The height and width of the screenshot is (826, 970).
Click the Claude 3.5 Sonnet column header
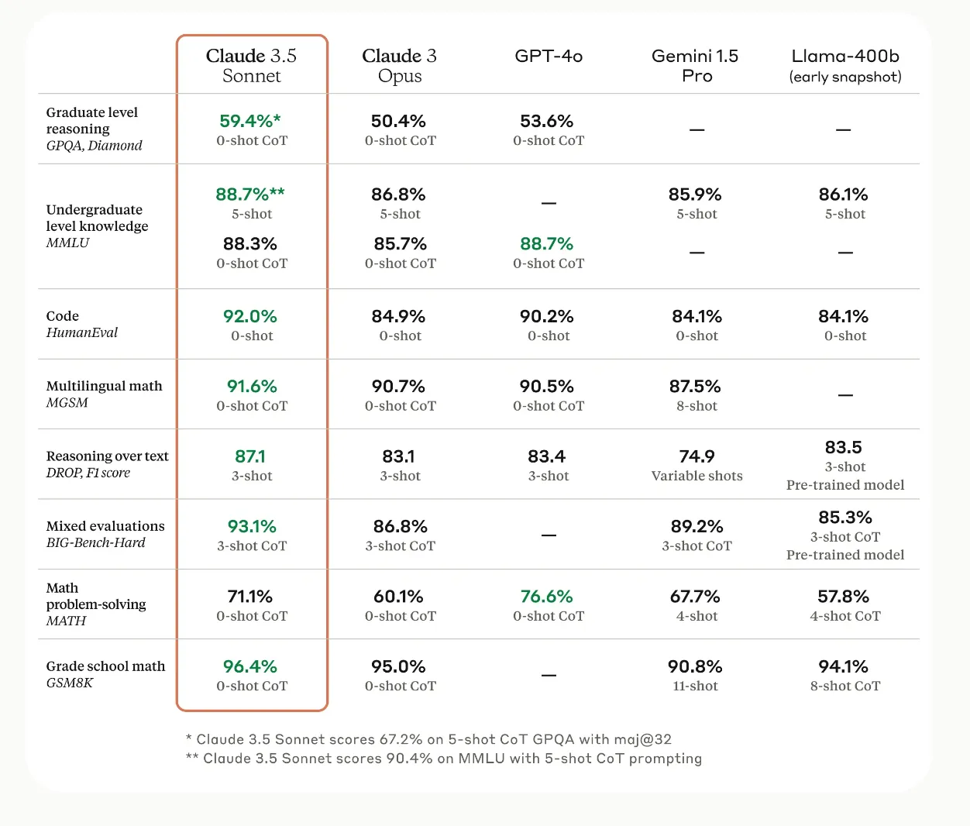tap(252, 66)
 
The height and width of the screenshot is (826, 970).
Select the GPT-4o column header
tap(549, 57)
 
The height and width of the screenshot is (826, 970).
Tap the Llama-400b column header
tap(845, 66)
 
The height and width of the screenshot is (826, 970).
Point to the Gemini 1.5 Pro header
tap(696, 66)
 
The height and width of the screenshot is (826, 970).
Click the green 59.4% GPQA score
tap(250, 121)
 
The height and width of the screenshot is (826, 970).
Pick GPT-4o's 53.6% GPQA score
tap(547, 121)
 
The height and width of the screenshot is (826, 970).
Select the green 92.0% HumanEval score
tap(250, 316)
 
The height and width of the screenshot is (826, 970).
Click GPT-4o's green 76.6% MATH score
tap(547, 597)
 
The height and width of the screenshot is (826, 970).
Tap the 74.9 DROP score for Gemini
tap(697, 456)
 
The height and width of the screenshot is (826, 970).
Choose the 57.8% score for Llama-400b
tap(843, 597)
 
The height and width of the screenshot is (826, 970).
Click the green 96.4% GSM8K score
tap(250, 666)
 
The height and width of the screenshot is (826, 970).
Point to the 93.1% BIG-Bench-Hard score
tap(252, 527)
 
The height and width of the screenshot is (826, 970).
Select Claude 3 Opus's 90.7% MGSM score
tap(398, 386)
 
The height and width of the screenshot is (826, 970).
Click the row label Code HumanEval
tap(81, 325)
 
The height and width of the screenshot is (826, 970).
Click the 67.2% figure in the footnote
tap(401, 739)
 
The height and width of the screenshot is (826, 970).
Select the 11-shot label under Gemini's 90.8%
tap(696, 687)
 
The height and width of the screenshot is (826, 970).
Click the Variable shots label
tap(697, 476)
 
